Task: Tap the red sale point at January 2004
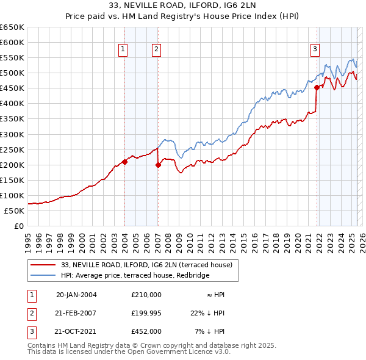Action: (124, 162)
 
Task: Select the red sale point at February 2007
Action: (157, 164)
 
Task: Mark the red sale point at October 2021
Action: (317, 87)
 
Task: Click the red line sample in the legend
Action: (44, 265)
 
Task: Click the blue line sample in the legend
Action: (44, 275)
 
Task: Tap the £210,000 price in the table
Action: (146, 294)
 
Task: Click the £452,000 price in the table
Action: (146, 332)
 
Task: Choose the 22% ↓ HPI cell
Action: (207, 313)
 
